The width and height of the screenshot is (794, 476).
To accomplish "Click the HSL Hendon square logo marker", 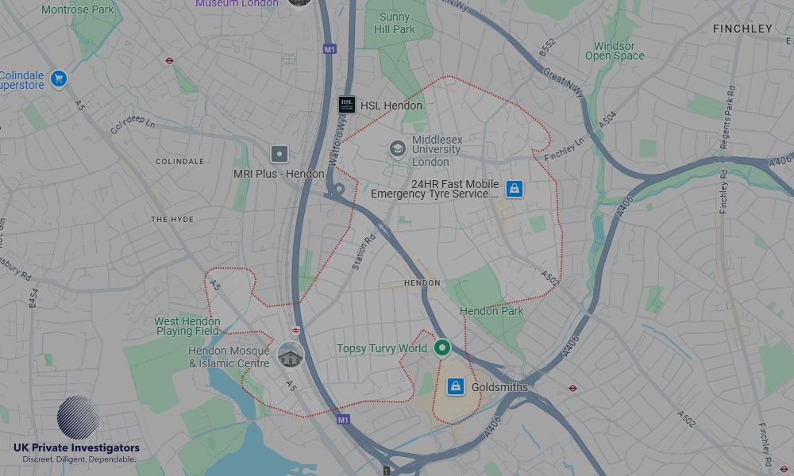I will [x=347, y=105].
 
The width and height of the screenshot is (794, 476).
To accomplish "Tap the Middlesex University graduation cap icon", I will [x=397, y=149].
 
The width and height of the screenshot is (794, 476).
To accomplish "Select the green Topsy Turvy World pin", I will [x=442, y=347].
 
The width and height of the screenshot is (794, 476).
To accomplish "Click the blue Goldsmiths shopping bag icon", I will [x=455, y=386].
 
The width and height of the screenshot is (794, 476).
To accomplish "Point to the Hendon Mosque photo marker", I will [x=291, y=355].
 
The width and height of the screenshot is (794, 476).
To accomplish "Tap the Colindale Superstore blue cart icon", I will [x=58, y=79].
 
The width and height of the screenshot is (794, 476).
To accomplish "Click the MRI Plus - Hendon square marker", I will [x=279, y=154].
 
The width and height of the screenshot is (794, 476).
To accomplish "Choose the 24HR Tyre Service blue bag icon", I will [x=515, y=188].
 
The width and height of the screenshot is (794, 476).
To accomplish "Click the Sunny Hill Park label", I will [x=395, y=23].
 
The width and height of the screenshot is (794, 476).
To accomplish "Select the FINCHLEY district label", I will [x=742, y=29].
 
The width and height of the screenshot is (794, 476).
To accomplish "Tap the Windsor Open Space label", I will [x=615, y=52].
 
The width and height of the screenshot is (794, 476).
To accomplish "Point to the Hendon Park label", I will [x=491, y=311].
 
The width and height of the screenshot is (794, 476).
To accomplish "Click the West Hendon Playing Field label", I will [x=187, y=326].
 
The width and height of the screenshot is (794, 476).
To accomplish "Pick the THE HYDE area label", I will [x=172, y=219].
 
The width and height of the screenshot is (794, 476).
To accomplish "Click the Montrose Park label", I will [x=78, y=10].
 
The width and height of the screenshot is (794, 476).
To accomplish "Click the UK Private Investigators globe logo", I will [x=78, y=417].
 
